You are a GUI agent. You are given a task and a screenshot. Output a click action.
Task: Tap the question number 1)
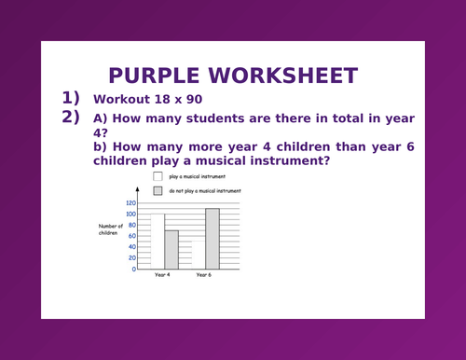pos(72,98)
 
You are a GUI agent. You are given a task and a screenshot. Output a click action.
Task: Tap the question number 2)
pos(72,118)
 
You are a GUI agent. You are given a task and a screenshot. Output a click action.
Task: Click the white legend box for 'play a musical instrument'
pos(158,175)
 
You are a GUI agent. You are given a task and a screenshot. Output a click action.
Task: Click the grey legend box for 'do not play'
pos(158,190)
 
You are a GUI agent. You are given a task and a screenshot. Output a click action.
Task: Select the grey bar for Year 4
pos(171,249)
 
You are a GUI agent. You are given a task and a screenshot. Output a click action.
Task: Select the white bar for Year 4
pos(158,242)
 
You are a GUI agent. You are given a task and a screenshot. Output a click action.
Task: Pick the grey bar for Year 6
pos(212,238)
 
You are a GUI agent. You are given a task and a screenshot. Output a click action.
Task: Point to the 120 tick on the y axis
pos(130,202)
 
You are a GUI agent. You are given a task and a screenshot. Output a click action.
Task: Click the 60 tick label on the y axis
pos(131,236)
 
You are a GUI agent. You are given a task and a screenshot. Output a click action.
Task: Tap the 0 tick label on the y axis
pos(133,269)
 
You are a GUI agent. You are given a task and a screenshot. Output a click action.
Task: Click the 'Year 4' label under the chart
pos(162,276)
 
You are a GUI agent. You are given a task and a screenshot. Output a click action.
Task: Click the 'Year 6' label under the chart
pos(204,276)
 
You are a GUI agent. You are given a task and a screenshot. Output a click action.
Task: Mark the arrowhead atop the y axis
pos(138,189)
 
